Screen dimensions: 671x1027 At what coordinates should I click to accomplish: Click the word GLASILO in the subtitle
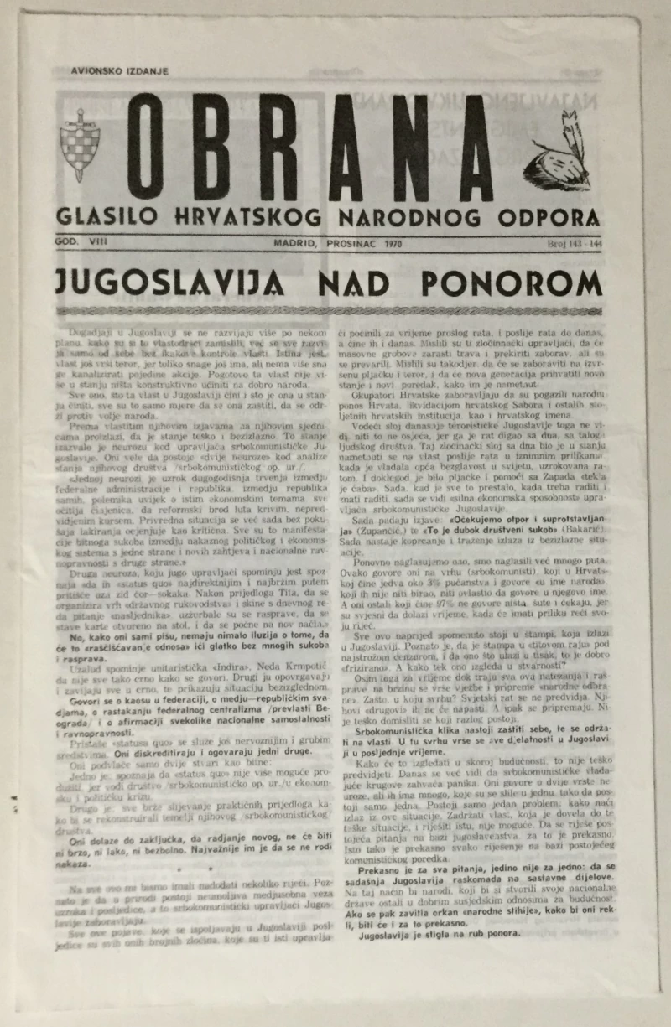click(102, 217)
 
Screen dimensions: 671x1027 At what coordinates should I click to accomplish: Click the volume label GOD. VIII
click(79, 242)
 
